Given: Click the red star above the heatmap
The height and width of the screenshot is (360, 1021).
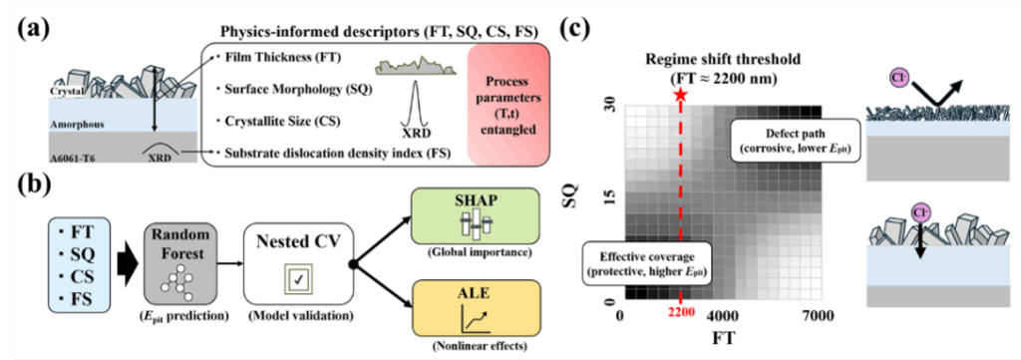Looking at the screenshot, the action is pyautogui.click(x=680, y=95).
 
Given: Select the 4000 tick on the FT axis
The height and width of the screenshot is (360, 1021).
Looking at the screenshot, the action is pyautogui.click(x=723, y=316).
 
